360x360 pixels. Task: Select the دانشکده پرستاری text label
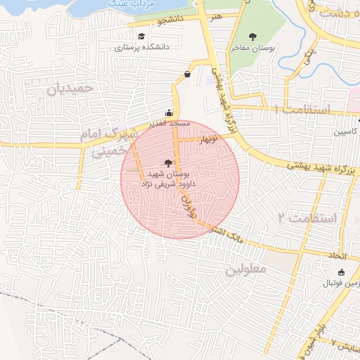(x=143, y=47)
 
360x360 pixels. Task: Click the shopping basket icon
(x=187, y=73)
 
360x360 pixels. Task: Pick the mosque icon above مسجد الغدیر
(x=168, y=112)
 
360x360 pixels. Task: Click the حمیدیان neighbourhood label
(x=70, y=89)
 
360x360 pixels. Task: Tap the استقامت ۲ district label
(x=307, y=218)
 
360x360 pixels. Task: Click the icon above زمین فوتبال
(x=341, y=273)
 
